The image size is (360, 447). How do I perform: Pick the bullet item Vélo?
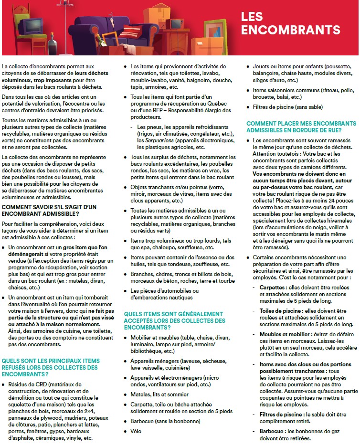[x=136, y=431]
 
